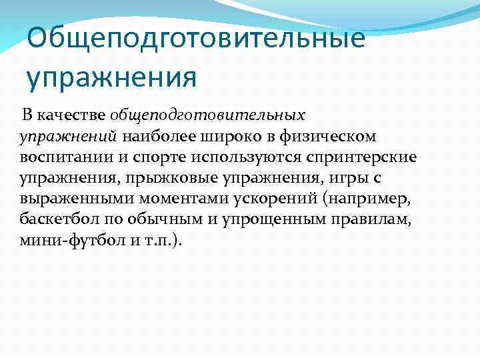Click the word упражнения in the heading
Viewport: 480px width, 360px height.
[x=112, y=77]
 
